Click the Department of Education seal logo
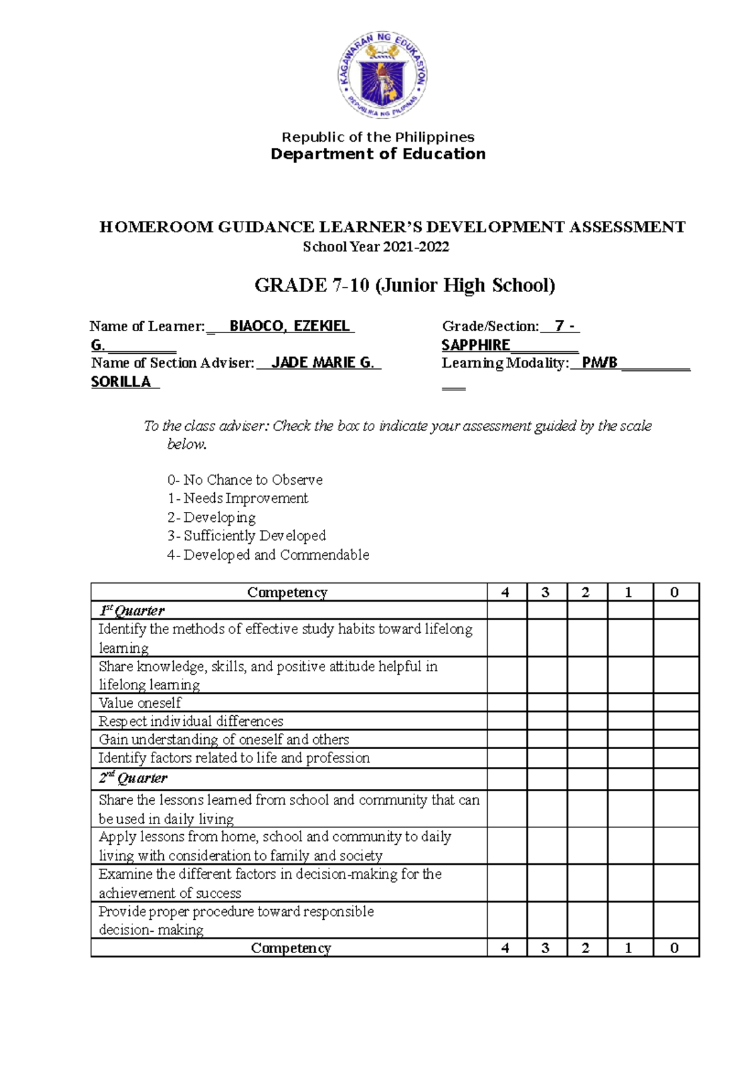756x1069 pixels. pyautogui.click(x=382, y=75)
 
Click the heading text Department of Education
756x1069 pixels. pyautogui.click(x=378, y=154)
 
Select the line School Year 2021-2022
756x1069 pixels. pyautogui.click(x=376, y=247)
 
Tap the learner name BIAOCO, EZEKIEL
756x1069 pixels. pyautogui.click(x=289, y=326)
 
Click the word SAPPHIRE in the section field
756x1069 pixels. pyautogui.click(x=476, y=345)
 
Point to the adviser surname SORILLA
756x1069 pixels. pyautogui.click(x=121, y=382)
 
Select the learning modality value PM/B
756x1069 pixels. pyautogui.click(x=599, y=363)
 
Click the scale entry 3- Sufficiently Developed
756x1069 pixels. pyautogui.click(x=246, y=536)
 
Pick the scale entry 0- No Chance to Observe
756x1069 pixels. pyautogui.click(x=245, y=480)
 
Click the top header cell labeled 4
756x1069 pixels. pyautogui.click(x=505, y=592)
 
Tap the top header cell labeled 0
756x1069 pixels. pyautogui.click(x=675, y=592)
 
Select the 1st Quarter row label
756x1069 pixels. pyautogui.click(x=132, y=611)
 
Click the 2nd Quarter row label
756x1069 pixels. pyautogui.click(x=133, y=778)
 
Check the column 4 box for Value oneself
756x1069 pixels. pyautogui.click(x=507, y=703)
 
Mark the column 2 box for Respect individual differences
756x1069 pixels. pyautogui.click(x=587, y=721)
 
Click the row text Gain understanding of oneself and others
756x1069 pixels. pyautogui.click(x=224, y=740)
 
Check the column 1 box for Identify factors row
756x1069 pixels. pyautogui.click(x=629, y=758)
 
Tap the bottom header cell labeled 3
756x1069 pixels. pyautogui.click(x=546, y=948)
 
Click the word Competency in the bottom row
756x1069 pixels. pyautogui.click(x=290, y=948)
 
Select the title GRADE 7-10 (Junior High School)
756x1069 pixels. pyautogui.click(x=404, y=285)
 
